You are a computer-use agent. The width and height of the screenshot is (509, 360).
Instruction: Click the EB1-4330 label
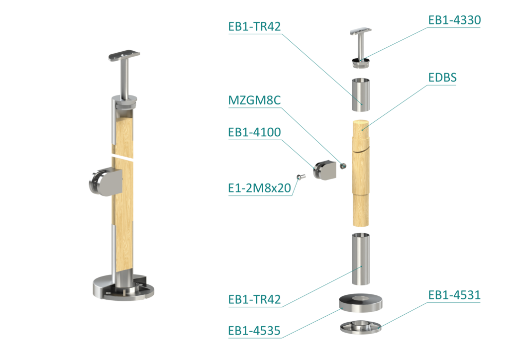tap(454, 20)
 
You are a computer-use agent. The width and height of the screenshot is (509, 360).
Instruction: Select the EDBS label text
tap(442, 78)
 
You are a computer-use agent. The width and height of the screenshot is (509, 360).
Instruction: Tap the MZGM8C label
tap(254, 100)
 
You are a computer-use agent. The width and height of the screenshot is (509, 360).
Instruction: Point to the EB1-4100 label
tap(254, 132)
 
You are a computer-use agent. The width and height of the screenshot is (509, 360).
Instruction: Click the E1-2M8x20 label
tap(259, 188)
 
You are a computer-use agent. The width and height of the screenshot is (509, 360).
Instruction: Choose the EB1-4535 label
tap(254, 331)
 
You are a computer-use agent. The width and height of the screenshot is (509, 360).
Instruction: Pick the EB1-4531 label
tap(454, 295)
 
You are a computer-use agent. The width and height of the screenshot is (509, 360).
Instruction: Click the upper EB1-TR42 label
tap(254, 26)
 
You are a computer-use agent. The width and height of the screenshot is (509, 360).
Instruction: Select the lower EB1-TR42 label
tap(254, 299)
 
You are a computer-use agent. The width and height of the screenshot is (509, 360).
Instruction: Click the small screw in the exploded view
tap(301, 177)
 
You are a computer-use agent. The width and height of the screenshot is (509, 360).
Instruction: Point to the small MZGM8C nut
tap(343, 166)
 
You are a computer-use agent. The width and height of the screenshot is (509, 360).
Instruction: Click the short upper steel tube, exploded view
tap(361, 94)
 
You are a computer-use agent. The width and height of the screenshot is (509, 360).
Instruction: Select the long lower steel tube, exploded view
tap(361, 259)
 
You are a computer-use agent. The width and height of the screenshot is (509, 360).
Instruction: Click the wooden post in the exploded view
tap(360, 173)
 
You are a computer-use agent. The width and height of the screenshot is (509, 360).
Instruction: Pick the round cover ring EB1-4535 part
tap(361, 303)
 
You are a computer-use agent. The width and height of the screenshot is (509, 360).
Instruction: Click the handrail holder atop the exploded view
tap(361, 49)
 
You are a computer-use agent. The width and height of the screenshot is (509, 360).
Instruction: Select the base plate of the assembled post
tap(123, 288)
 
